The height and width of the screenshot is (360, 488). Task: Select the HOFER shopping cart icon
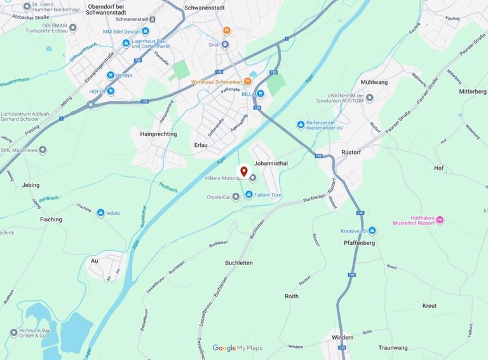111,91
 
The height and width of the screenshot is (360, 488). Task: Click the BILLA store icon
261,93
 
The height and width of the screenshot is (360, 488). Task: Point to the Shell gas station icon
225,45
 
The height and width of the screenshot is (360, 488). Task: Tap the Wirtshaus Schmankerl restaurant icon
248,82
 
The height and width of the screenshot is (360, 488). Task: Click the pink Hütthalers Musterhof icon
440,219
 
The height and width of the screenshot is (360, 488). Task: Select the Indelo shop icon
100,213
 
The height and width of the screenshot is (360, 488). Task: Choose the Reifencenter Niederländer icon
301,124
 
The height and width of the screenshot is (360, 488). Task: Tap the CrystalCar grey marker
236,197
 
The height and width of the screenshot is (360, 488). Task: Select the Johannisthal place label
271,163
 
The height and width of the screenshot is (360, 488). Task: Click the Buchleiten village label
239,263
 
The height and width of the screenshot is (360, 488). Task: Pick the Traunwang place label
393,348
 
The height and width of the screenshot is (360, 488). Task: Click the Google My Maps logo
237,348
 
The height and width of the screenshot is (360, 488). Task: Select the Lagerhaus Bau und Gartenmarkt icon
126,43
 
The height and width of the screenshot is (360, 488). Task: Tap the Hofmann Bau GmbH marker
13,332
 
